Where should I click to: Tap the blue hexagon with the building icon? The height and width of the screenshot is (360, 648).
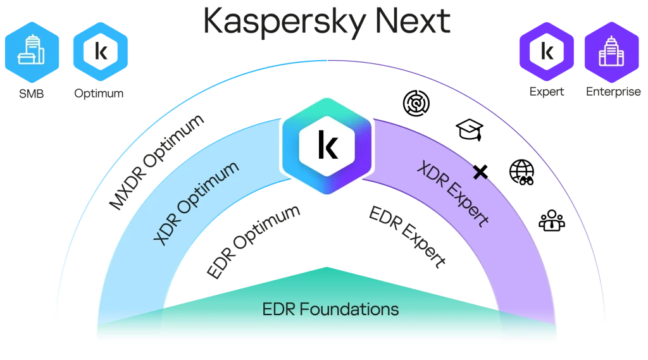point(32,51)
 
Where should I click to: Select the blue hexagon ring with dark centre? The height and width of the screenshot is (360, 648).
point(100,51)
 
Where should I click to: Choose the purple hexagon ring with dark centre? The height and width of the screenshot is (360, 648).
point(545,51)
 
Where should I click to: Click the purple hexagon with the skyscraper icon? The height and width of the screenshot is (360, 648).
point(611,51)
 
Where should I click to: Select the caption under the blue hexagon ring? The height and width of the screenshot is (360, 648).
point(99,94)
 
